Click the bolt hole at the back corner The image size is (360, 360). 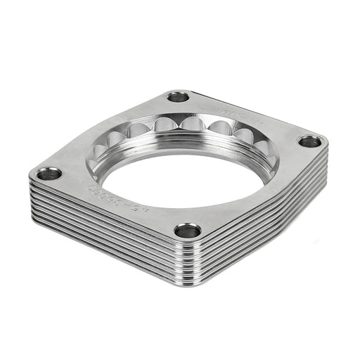tap(179, 97)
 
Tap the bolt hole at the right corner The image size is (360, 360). tap(309, 141)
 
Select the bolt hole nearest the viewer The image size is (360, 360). tap(188, 230)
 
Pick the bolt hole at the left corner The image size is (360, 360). tap(49, 173)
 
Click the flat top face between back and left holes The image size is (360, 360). tap(105, 134)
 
